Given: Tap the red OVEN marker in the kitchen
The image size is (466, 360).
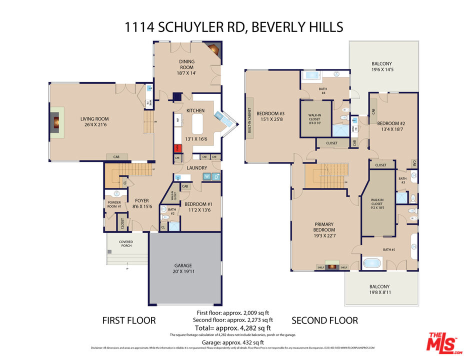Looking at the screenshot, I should pyautogui.click(x=176, y=148).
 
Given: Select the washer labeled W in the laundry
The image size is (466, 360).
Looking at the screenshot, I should pyautogui.click(x=206, y=176).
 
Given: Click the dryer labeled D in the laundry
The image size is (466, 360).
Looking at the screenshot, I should pyautogui.click(x=216, y=176).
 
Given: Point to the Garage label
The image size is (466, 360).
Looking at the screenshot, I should pyautogui.click(x=183, y=265).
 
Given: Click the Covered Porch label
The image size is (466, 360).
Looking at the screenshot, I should pyautogui.click(x=125, y=244).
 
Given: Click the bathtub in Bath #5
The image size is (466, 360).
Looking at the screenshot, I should pyautogui.click(x=372, y=263).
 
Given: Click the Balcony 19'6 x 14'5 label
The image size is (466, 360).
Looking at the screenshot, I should pyautogui.click(x=381, y=67).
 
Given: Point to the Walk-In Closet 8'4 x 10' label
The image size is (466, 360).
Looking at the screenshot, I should pyautogui.click(x=314, y=117).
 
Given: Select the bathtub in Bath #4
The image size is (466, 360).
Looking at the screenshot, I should pyautogui.click(x=311, y=76).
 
